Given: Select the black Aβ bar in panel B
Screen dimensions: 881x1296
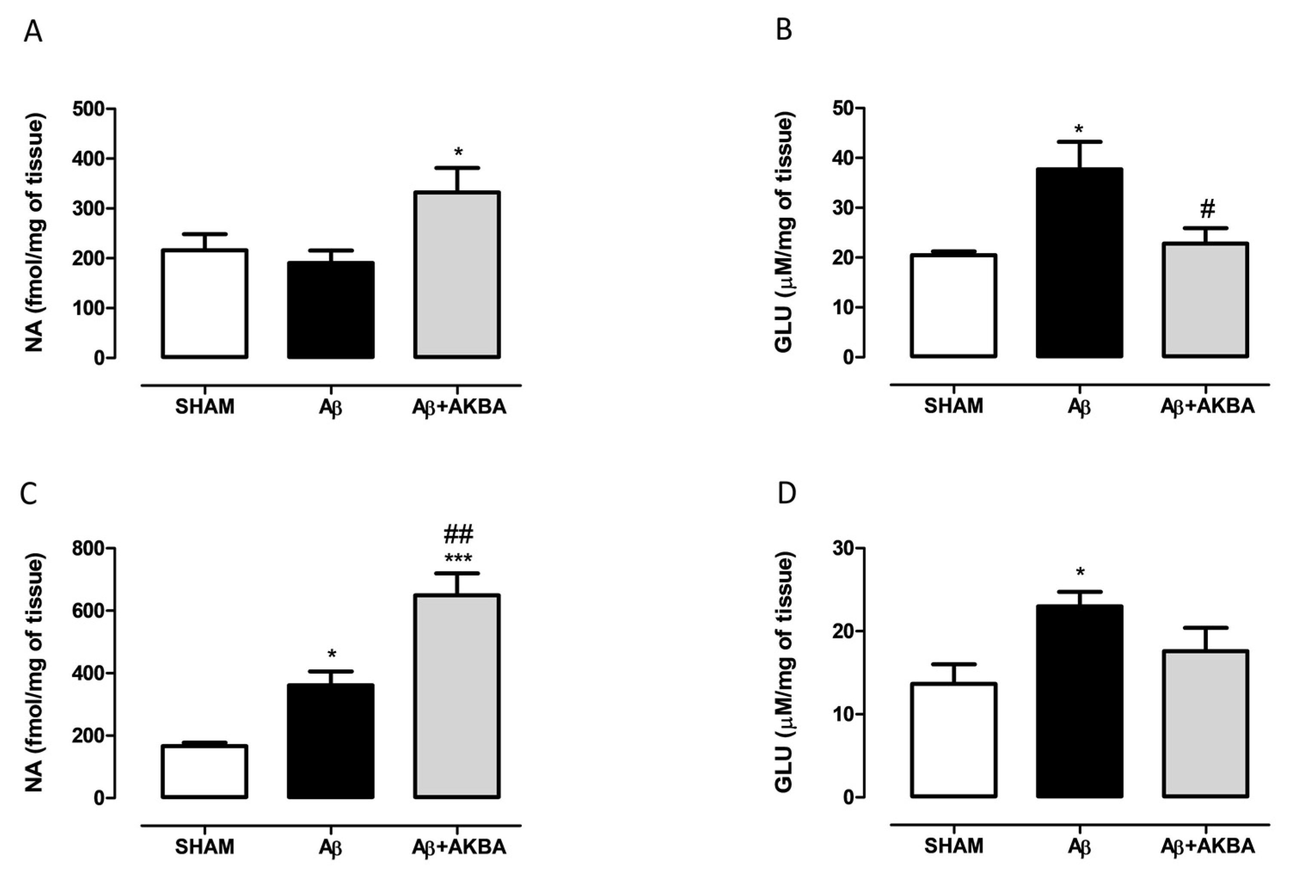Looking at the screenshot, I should (x=1079, y=262).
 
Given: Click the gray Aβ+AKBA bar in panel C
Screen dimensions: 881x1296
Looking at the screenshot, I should (x=457, y=697).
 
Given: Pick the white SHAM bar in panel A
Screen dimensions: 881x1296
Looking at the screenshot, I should (x=205, y=304).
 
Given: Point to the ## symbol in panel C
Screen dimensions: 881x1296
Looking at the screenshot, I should (x=458, y=534).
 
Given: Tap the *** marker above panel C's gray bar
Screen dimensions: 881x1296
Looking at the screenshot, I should (x=458, y=558).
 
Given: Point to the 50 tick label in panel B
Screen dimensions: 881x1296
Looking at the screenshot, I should (x=844, y=108).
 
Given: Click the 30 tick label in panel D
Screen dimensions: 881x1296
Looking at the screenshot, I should (x=844, y=549).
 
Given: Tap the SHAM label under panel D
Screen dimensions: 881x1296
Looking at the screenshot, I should (x=953, y=846).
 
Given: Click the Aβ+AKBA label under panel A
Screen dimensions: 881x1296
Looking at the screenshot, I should (x=458, y=407).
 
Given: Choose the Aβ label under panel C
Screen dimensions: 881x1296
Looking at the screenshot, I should (x=330, y=847).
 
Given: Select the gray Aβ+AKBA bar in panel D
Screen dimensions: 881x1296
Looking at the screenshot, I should (x=1205, y=724).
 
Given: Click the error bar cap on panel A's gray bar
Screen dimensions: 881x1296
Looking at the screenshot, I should (x=458, y=168).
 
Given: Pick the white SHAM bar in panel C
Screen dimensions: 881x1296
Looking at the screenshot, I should (x=205, y=772).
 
